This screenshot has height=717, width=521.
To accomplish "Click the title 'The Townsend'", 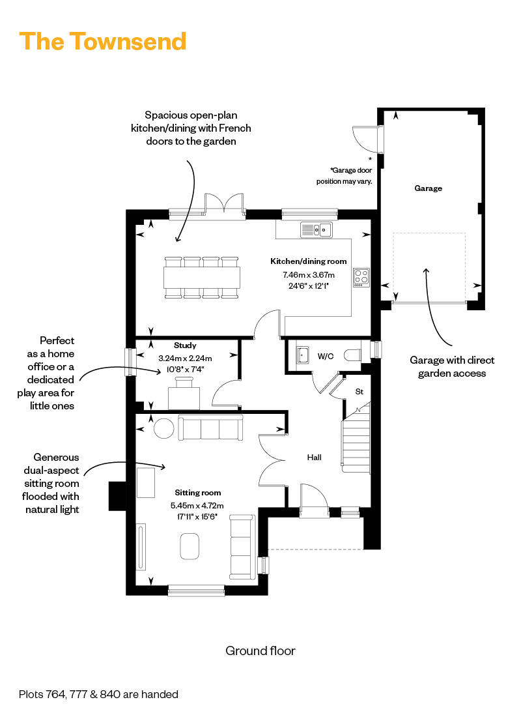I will [103, 41].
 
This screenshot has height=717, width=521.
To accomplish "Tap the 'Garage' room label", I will [428, 188].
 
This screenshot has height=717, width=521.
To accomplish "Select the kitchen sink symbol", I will [316, 229].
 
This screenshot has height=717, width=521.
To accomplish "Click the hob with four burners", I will [361, 277].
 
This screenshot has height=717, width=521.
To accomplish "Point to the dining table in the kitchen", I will [202, 278].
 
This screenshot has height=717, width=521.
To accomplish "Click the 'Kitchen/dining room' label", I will [308, 261].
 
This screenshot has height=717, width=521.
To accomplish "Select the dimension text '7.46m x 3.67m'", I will [308, 274].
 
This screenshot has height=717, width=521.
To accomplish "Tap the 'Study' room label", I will [185, 345].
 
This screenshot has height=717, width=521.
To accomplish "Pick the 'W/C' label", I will [326, 357].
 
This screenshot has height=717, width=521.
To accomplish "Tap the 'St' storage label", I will [359, 392].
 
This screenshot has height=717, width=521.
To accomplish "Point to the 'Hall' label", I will [315, 458].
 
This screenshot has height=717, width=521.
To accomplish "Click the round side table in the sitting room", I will [163, 428].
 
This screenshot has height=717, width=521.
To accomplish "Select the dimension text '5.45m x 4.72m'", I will [197, 505].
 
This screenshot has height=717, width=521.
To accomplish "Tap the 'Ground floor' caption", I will [260, 651].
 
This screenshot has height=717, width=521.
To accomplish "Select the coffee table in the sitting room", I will [190, 546].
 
